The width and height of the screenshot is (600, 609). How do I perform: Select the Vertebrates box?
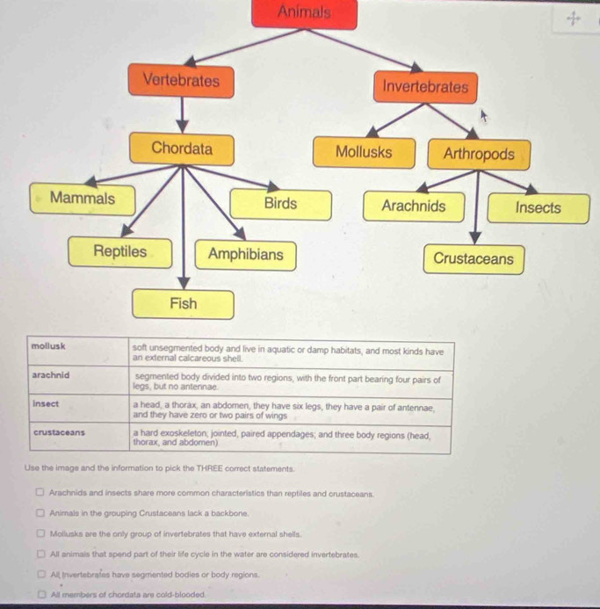tap(181, 82)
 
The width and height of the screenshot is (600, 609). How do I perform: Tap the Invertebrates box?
tap(425, 87)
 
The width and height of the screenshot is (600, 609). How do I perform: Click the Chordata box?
tap(182, 149)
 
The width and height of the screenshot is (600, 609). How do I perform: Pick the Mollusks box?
tap(364, 152)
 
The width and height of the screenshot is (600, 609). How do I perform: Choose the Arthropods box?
tap(479, 155)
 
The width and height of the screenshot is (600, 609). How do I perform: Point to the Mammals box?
tap(83, 199)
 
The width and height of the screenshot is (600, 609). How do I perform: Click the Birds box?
tap(280, 204)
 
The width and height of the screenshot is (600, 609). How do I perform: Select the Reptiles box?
tap(120, 252)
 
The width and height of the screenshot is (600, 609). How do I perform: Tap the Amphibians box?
tap(246, 255)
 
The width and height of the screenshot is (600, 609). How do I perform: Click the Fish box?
tap(183, 304)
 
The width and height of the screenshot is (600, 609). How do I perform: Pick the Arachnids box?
tap(413, 207)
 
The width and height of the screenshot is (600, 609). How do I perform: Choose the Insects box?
tap(538, 208)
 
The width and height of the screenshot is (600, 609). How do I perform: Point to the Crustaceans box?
tap(473, 259)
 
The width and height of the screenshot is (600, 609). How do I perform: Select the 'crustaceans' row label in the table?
tap(59, 432)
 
